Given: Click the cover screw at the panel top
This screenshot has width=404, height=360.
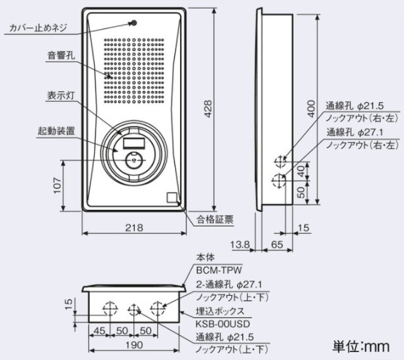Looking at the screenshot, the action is tap(134, 23).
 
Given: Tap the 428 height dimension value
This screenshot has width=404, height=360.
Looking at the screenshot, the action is tap(208, 109).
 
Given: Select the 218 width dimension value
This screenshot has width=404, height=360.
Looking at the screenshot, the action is tap(134, 227).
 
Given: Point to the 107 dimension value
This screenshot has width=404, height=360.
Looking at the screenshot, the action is tap(57, 185).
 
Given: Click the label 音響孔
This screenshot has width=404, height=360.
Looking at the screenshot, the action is tap(61, 55).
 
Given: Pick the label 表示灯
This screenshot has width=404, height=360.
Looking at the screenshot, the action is tap(61, 95).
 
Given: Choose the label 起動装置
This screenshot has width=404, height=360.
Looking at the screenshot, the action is tap(56, 131).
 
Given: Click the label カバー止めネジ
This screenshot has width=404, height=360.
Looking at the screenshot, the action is tap(38, 28).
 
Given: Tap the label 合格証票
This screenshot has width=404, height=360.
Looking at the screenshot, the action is tap(215, 219).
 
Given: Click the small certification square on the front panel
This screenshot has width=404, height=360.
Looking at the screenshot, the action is tap(172, 197).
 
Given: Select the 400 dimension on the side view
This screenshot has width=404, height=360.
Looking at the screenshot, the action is tap(311, 109).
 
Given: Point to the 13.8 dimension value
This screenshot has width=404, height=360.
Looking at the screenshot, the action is tap(240, 244).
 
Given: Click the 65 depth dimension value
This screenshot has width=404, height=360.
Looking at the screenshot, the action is tap(277, 244).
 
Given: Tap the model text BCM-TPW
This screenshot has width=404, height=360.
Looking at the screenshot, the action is tap(219, 270).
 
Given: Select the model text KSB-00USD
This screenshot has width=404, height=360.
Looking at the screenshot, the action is tap(222, 324).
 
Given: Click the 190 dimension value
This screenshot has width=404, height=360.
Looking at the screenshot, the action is tap(134, 345).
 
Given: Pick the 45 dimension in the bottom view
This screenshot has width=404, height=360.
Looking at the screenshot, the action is tap(99, 331).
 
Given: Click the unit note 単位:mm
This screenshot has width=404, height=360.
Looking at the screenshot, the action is tap(361, 346).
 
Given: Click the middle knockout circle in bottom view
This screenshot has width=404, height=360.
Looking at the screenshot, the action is tap(133, 309).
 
